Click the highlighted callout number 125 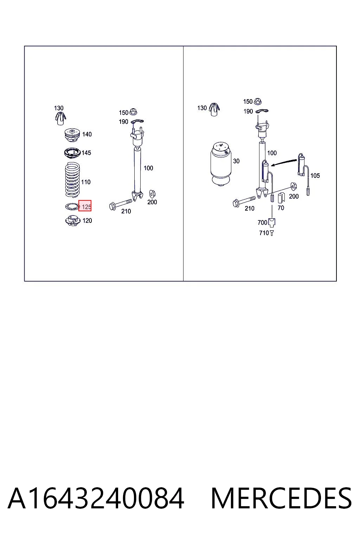coord(86,207)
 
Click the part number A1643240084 coord(96,498)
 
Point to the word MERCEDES coord(281,498)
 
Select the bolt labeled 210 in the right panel coord(244,201)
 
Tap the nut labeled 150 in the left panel coord(133,112)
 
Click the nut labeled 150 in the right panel coord(258,101)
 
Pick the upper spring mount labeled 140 coord(72,136)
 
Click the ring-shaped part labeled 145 coord(72,153)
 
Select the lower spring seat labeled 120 coord(72,220)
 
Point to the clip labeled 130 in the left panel coord(60,118)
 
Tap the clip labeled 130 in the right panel coord(214,109)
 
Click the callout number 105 coord(315,175)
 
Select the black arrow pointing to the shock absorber coord(284,162)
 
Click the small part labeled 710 coord(272,233)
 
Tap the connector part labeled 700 coord(272,222)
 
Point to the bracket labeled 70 coord(281,198)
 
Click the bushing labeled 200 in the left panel coord(152,194)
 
